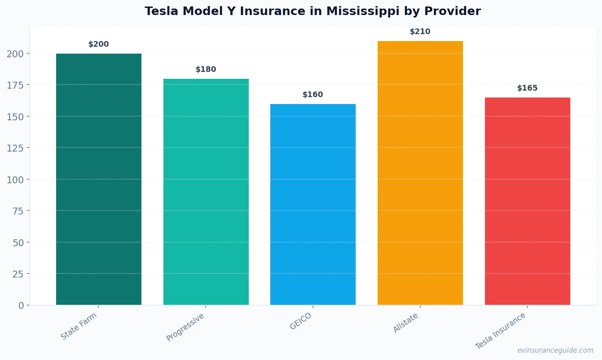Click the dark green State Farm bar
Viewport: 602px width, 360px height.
point(99,179)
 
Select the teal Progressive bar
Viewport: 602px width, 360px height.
point(206,191)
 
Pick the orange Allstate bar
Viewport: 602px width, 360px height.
point(420,173)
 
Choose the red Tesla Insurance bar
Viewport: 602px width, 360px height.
point(527,201)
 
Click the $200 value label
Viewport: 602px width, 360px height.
point(99,44)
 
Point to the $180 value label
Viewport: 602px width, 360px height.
point(206,69)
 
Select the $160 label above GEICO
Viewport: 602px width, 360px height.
point(313,95)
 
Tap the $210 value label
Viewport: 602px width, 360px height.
point(420,32)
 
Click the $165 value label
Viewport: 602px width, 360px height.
point(527,88)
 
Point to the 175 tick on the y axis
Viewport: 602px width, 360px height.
point(15,85)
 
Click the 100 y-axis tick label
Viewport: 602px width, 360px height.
point(15,180)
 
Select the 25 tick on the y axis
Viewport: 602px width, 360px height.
point(18,274)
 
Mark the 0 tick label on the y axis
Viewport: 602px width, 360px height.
point(21,306)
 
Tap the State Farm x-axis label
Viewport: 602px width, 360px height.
point(79,326)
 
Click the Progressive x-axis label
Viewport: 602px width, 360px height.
point(185,327)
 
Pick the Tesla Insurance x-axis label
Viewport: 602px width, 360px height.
point(500,331)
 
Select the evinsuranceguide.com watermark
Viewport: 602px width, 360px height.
point(555,350)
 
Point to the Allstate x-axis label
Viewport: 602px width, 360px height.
point(406,323)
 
